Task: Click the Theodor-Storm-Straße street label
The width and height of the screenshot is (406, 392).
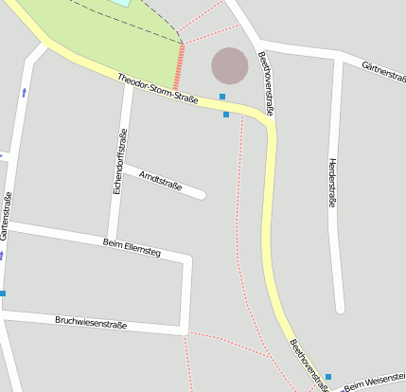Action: [158, 88]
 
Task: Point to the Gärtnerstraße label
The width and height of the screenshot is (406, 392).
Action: [384, 70]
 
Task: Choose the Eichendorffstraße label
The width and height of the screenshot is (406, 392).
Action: [120, 163]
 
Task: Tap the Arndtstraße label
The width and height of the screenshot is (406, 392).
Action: [160, 179]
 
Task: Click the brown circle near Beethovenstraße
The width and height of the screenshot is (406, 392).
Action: [229, 64]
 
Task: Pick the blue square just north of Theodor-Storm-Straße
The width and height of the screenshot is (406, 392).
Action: [222, 97]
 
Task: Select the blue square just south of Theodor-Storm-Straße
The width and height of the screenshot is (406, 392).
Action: [226, 115]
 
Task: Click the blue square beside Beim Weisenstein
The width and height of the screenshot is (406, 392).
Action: [328, 377]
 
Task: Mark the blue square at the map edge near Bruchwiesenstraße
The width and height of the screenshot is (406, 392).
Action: [3, 294]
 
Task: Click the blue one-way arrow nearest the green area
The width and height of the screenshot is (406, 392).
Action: [24, 92]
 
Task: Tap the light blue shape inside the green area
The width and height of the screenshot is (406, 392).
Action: [120, 3]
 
